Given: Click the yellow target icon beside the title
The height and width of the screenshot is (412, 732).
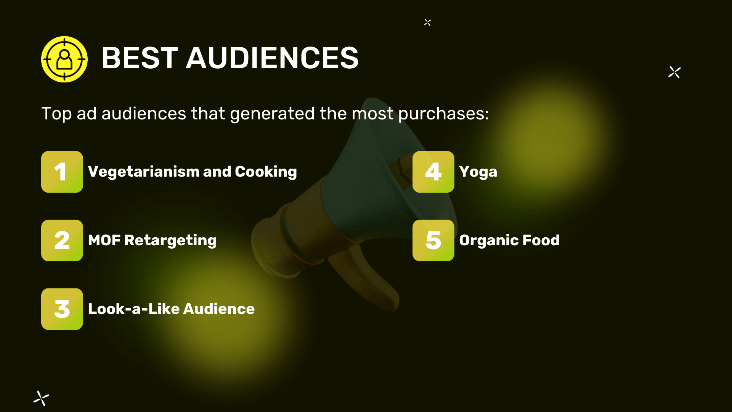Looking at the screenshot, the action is pyautogui.click(x=64, y=59).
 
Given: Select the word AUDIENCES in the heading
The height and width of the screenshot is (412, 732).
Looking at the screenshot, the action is pyautogui.click(x=272, y=58).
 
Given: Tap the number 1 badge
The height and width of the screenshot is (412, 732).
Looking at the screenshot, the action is pyautogui.click(x=62, y=172).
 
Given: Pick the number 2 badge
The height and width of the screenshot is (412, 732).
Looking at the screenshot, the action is pyautogui.click(x=62, y=240).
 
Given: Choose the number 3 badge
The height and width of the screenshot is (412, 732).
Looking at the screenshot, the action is pyautogui.click(x=62, y=309).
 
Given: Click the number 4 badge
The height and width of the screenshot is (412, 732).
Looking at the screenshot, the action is pyautogui.click(x=433, y=172).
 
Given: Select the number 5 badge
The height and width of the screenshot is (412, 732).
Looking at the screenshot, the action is pyautogui.click(x=433, y=240).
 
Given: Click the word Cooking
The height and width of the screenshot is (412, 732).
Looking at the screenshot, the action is pyautogui.click(x=266, y=172).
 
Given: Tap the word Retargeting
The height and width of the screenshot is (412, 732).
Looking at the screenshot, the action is pyautogui.click(x=170, y=241).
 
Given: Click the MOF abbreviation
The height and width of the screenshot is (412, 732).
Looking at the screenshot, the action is pyautogui.click(x=104, y=240).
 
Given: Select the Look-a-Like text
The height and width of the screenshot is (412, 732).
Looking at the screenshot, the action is pyautogui.click(x=134, y=309).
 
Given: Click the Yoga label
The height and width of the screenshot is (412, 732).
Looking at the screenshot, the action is pyautogui.click(x=478, y=172).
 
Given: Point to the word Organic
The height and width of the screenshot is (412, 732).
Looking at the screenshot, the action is pyautogui.click(x=488, y=241).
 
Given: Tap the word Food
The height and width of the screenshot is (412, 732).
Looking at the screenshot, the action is pyautogui.click(x=541, y=240).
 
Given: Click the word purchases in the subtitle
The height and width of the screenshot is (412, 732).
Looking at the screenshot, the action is pyautogui.click(x=443, y=114).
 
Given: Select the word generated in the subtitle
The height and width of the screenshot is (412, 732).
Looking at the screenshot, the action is pyautogui.click(x=272, y=114).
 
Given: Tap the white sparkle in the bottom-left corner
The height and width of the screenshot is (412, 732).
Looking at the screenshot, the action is pyautogui.click(x=41, y=399).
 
